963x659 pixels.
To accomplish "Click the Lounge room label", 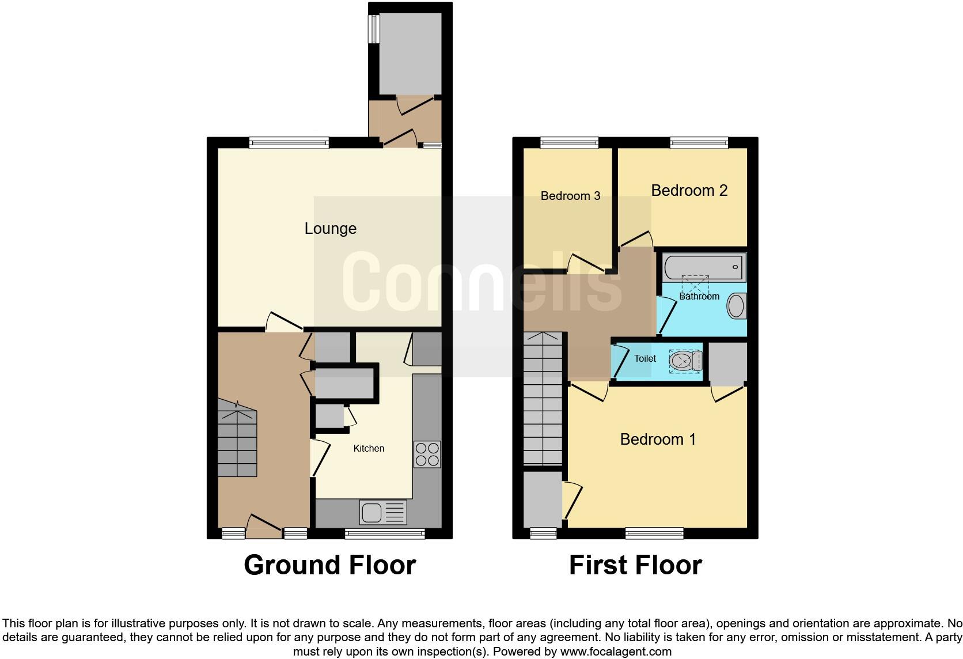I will (330, 229).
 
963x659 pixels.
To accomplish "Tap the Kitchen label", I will (369, 448).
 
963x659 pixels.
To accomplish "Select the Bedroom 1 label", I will (658, 440).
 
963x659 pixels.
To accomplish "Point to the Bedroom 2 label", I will (689, 191).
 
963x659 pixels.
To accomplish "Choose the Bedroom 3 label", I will (570, 196).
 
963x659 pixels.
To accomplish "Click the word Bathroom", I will (699, 296).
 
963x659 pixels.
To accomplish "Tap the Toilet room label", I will (645, 358).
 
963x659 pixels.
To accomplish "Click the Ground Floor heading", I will (329, 565).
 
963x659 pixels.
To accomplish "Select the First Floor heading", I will (635, 565).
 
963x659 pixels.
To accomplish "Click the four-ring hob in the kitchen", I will (427, 454).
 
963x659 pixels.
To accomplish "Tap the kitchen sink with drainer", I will (383, 512).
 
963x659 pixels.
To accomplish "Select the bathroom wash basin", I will (736, 306).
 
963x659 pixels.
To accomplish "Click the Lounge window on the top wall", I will (289, 142).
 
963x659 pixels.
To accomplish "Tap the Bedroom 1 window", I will (654, 533).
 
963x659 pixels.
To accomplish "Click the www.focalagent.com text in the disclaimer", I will (615, 652).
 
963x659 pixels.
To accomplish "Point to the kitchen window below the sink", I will (385, 533).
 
